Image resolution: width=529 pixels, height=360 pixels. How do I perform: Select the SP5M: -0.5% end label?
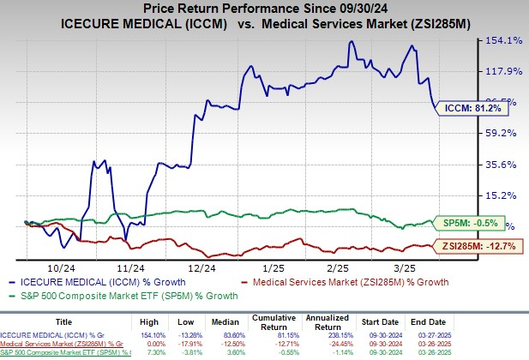473,222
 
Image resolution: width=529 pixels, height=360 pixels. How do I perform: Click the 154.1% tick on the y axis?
503,39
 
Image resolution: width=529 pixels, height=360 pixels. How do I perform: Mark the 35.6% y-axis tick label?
503,164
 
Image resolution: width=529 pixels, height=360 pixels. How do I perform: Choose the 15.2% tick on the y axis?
503,195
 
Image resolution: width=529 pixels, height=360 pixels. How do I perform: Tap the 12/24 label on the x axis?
201,267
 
